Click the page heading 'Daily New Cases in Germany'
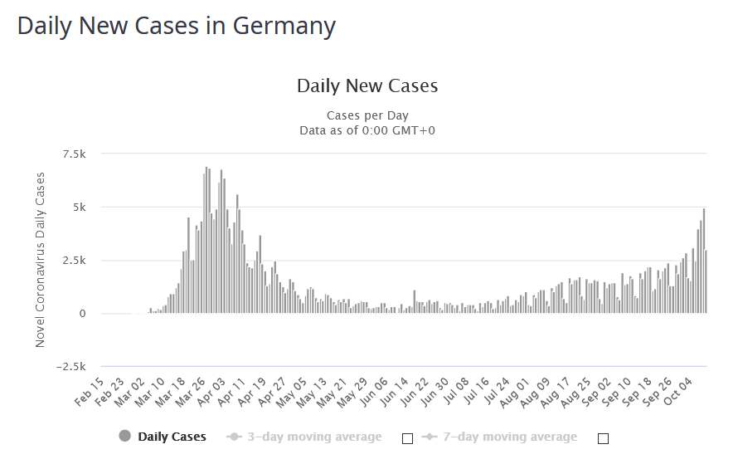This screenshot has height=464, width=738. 176,26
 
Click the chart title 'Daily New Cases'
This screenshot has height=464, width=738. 367,85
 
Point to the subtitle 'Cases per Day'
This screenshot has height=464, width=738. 367,115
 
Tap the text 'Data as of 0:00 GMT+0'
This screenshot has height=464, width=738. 367,129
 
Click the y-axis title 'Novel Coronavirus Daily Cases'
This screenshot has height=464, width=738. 41,259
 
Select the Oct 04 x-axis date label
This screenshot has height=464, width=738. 682,390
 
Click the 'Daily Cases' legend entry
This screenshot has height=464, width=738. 172,437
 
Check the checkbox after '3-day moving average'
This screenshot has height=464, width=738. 407,438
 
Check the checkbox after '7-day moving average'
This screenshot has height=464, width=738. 603,438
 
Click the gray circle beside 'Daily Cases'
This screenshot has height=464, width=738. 125,437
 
